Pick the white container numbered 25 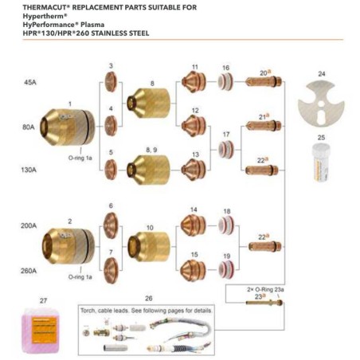tap(321, 162)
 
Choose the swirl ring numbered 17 tap(228, 148)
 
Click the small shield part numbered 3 tap(112, 82)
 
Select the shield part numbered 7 tap(112, 264)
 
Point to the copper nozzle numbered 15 tap(194, 269)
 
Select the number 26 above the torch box tap(148, 298)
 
